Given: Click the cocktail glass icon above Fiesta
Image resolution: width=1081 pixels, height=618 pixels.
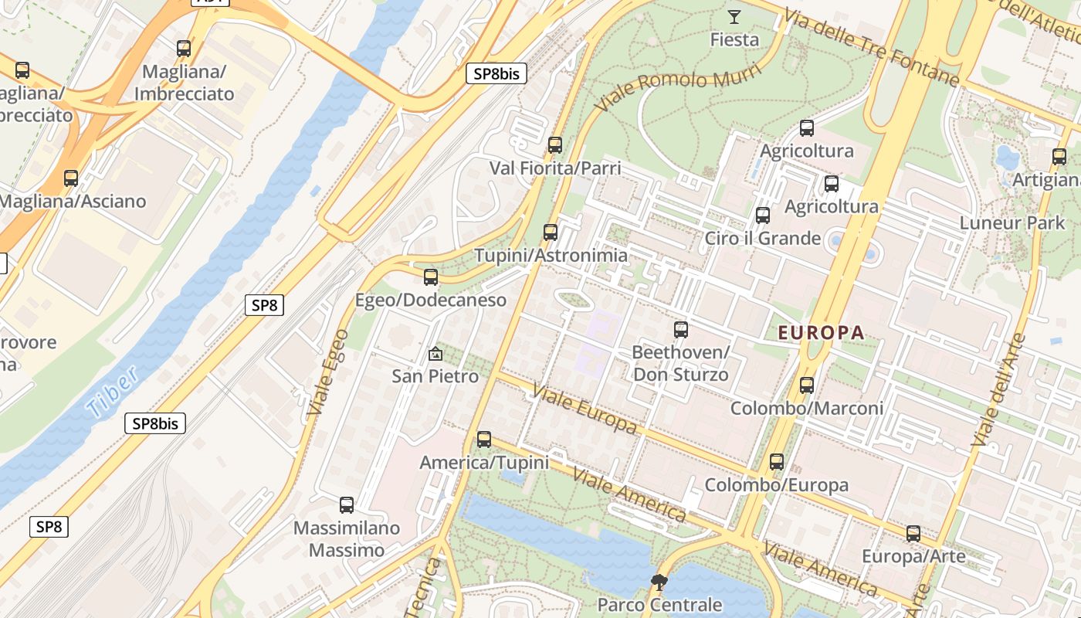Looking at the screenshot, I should tap(734, 16).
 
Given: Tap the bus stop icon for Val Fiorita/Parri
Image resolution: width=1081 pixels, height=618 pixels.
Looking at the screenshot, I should tap(554, 144).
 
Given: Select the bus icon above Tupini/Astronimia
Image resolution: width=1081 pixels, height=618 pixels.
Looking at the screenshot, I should tap(550, 232).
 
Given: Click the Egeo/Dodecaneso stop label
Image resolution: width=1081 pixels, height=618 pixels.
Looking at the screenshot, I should tap(431, 300).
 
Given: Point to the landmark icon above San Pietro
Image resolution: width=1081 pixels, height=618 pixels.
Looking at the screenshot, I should tap(435, 355).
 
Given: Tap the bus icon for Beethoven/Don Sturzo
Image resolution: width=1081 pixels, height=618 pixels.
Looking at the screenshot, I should tap(680, 330).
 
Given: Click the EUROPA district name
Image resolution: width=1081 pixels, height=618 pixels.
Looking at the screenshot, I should tap(821, 333).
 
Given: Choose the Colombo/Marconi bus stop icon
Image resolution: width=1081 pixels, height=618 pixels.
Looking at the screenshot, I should tap(807, 385).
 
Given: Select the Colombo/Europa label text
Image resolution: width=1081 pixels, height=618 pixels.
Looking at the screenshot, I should tap(776, 485).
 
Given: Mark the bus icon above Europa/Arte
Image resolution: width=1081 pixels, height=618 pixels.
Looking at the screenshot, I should tap(913, 534).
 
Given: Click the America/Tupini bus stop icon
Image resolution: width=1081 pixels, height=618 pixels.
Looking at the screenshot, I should tap(484, 440).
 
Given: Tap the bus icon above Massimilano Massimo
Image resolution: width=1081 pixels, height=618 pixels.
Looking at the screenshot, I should tap(347, 505).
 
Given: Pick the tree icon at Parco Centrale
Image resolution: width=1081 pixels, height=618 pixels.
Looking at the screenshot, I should tap(659, 582).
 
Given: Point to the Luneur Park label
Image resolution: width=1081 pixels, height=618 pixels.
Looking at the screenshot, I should tap(1012, 223).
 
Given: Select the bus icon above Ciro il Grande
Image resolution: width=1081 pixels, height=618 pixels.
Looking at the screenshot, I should tap(763, 216).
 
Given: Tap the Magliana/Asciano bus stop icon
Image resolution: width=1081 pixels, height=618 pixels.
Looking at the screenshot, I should tap(71, 178).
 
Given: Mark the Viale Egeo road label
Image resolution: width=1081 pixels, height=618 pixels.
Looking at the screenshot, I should tap(325, 382).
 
